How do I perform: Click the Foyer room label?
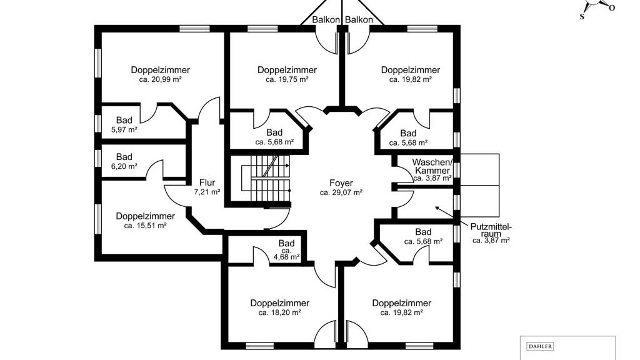point(341,183)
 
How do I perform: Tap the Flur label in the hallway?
point(207,182)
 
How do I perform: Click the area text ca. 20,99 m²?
point(160,80)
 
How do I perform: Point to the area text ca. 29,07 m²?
point(341,193)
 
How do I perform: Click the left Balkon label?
point(326,20)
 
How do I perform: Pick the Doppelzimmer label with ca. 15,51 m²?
point(145,216)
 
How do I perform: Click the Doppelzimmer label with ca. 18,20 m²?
point(279,303)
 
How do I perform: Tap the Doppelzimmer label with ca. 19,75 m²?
point(287,70)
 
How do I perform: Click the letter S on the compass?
point(582,17)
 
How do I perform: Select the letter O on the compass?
point(612,8)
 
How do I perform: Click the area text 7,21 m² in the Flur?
point(207,192)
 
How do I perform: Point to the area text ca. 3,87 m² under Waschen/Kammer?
point(432,178)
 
